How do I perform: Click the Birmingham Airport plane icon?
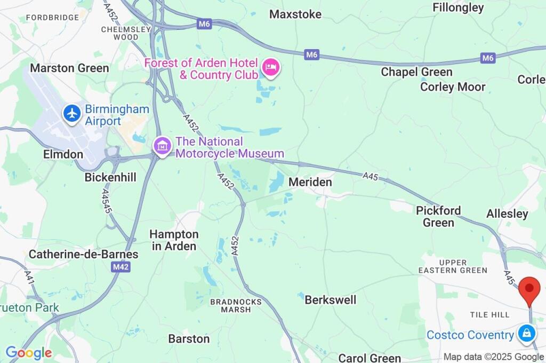click(x=72, y=113)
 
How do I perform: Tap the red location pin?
click(x=529, y=290)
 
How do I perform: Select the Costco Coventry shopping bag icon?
click(x=526, y=334)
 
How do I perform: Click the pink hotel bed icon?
click(x=271, y=68)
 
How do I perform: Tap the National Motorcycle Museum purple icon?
click(x=162, y=145)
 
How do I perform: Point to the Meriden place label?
click(x=310, y=182)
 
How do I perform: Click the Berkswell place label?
click(x=330, y=299)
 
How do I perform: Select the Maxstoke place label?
click(x=295, y=14)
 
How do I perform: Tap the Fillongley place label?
click(x=458, y=7)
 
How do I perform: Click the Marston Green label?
click(x=69, y=68)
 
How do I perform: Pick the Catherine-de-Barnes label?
click(x=83, y=254)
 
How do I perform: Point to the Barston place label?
click(x=189, y=338)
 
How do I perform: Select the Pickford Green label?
click(x=438, y=216)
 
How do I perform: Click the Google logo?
click(x=28, y=352)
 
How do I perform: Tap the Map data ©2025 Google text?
click(x=493, y=357)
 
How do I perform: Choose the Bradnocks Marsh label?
click(x=236, y=305)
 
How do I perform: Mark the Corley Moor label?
click(x=453, y=86)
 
